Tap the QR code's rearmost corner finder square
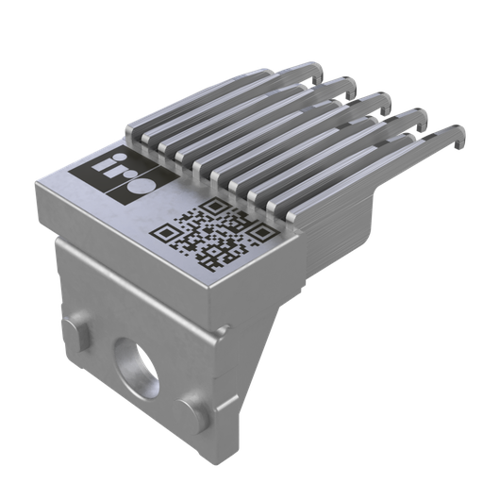(x=215, y=208)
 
